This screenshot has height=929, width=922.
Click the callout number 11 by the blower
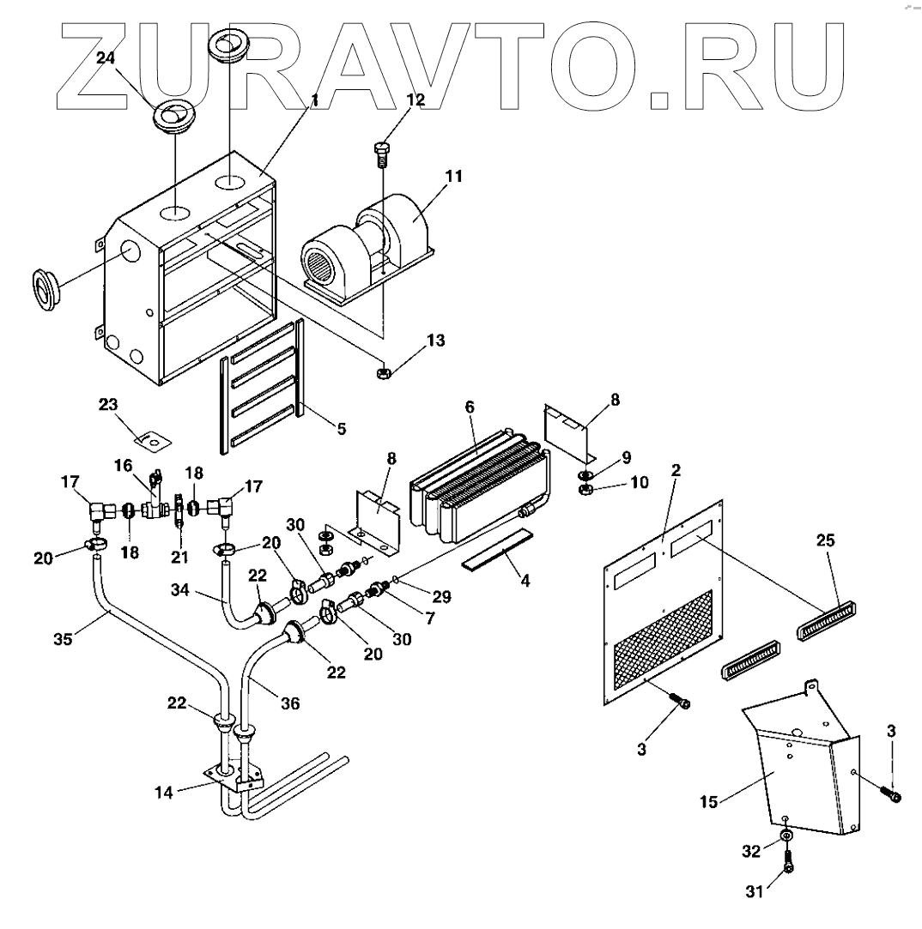click(x=453, y=177)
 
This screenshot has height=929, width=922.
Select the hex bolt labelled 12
click(x=383, y=155)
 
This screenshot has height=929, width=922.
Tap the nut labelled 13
click(x=385, y=373)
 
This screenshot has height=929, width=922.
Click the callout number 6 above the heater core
click(x=470, y=408)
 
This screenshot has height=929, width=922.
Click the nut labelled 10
click(x=585, y=491)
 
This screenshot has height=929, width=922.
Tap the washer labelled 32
click(x=786, y=835)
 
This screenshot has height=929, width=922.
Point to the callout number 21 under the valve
click(x=178, y=558)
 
